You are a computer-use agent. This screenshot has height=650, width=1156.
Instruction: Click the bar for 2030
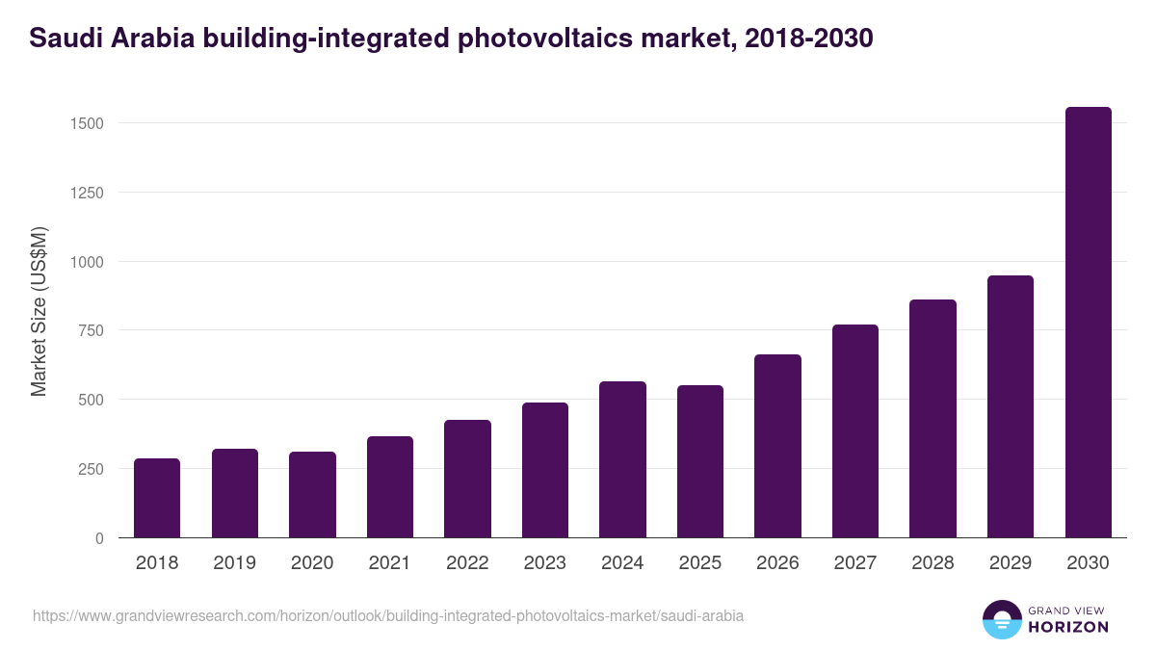pos(1088,323)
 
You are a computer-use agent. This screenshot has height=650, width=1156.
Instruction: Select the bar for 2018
pos(157,498)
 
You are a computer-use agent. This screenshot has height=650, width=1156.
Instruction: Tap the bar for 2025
pos(699,461)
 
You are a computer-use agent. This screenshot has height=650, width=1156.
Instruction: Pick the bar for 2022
pos(467,479)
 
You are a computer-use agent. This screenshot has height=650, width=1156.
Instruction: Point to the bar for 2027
pos(854,431)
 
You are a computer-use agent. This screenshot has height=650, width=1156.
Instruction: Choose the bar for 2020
pos(312,495)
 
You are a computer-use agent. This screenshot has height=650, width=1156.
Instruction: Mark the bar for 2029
pos(1010,406)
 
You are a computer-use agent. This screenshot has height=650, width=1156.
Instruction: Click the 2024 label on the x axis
pos(622,563)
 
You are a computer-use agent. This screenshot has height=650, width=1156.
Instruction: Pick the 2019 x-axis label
pos(234,563)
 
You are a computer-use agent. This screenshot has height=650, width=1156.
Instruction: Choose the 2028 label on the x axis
pos(933,563)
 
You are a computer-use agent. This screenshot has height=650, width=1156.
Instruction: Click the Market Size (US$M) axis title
pos(39,311)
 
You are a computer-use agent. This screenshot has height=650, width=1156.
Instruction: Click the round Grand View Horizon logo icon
pos(1001,620)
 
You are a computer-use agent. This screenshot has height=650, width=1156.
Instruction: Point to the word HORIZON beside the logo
pos(1066,627)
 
